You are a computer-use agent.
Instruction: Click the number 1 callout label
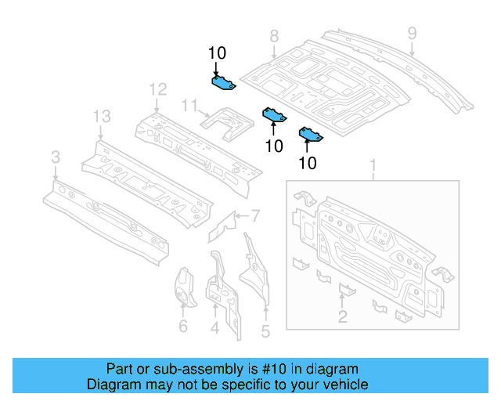click(x=373, y=166)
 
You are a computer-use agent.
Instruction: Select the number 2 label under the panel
click(x=342, y=316)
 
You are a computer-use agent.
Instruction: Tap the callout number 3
click(x=55, y=159)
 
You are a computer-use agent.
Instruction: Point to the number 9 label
click(x=412, y=33)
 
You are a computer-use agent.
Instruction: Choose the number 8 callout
click(x=274, y=36)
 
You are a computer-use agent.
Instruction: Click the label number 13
click(x=102, y=117)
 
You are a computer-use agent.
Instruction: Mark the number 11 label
click(x=189, y=105)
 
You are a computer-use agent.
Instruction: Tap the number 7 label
click(x=254, y=215)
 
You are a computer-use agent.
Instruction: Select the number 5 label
click(x=265, y=331)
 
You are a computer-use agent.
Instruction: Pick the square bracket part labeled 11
click(x=226, y=121)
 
